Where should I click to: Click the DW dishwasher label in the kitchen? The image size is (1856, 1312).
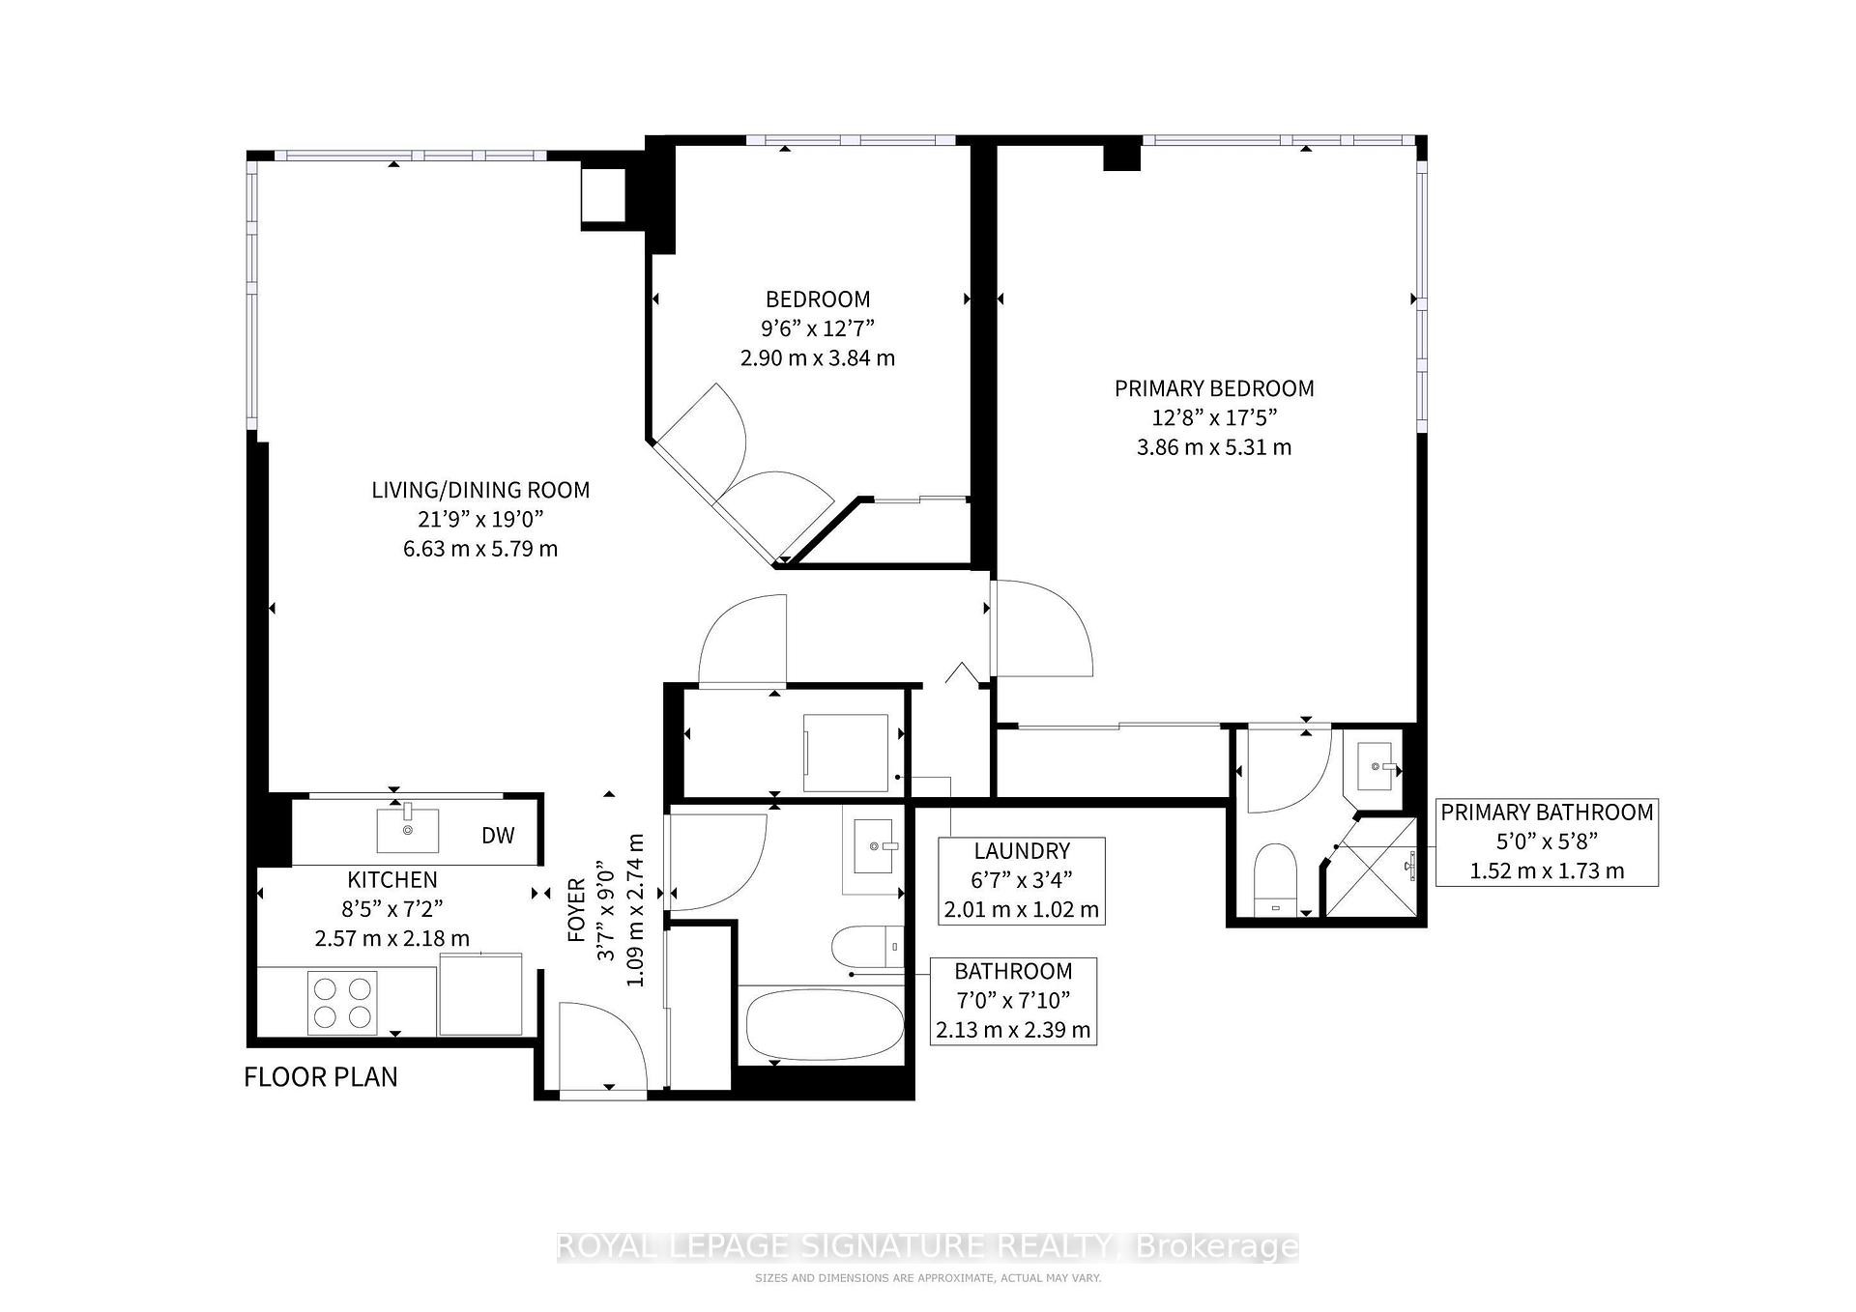[498, 836]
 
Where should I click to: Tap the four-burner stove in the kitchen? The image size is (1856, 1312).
[342, 1002]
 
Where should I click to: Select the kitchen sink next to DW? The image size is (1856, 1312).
[407, 830]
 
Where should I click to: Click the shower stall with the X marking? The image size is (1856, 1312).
[1371, 867]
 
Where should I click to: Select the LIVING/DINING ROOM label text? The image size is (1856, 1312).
[480, 490]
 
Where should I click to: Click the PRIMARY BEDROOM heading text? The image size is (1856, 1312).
[1214, 388]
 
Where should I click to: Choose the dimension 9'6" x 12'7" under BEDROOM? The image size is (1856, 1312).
[817, 328]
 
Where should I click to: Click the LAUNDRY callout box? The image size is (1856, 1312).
[1022, 880]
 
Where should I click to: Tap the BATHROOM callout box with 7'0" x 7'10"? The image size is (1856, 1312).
[1013, 1001]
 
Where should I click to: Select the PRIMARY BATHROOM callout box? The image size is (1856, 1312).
[1546, 841]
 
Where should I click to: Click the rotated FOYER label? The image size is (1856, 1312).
[577, 909]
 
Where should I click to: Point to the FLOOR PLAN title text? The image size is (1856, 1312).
[320, 1077]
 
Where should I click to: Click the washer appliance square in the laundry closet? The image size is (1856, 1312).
[846, 754]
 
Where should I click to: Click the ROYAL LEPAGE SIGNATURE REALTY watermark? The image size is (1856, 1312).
[927, 1246]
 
